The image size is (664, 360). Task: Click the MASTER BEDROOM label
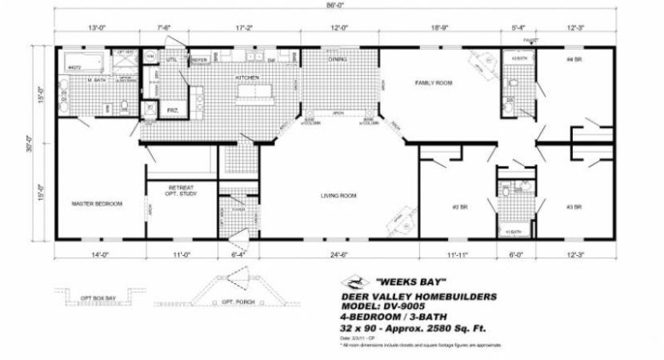(97, 204)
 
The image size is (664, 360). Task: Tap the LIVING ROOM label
(338, 195)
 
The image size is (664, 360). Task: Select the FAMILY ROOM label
(433, 82)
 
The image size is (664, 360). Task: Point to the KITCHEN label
(246, 77)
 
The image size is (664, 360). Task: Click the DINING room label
(337, 58)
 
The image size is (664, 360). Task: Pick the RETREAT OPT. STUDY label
(180, 190)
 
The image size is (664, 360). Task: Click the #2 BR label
(459, 207)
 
